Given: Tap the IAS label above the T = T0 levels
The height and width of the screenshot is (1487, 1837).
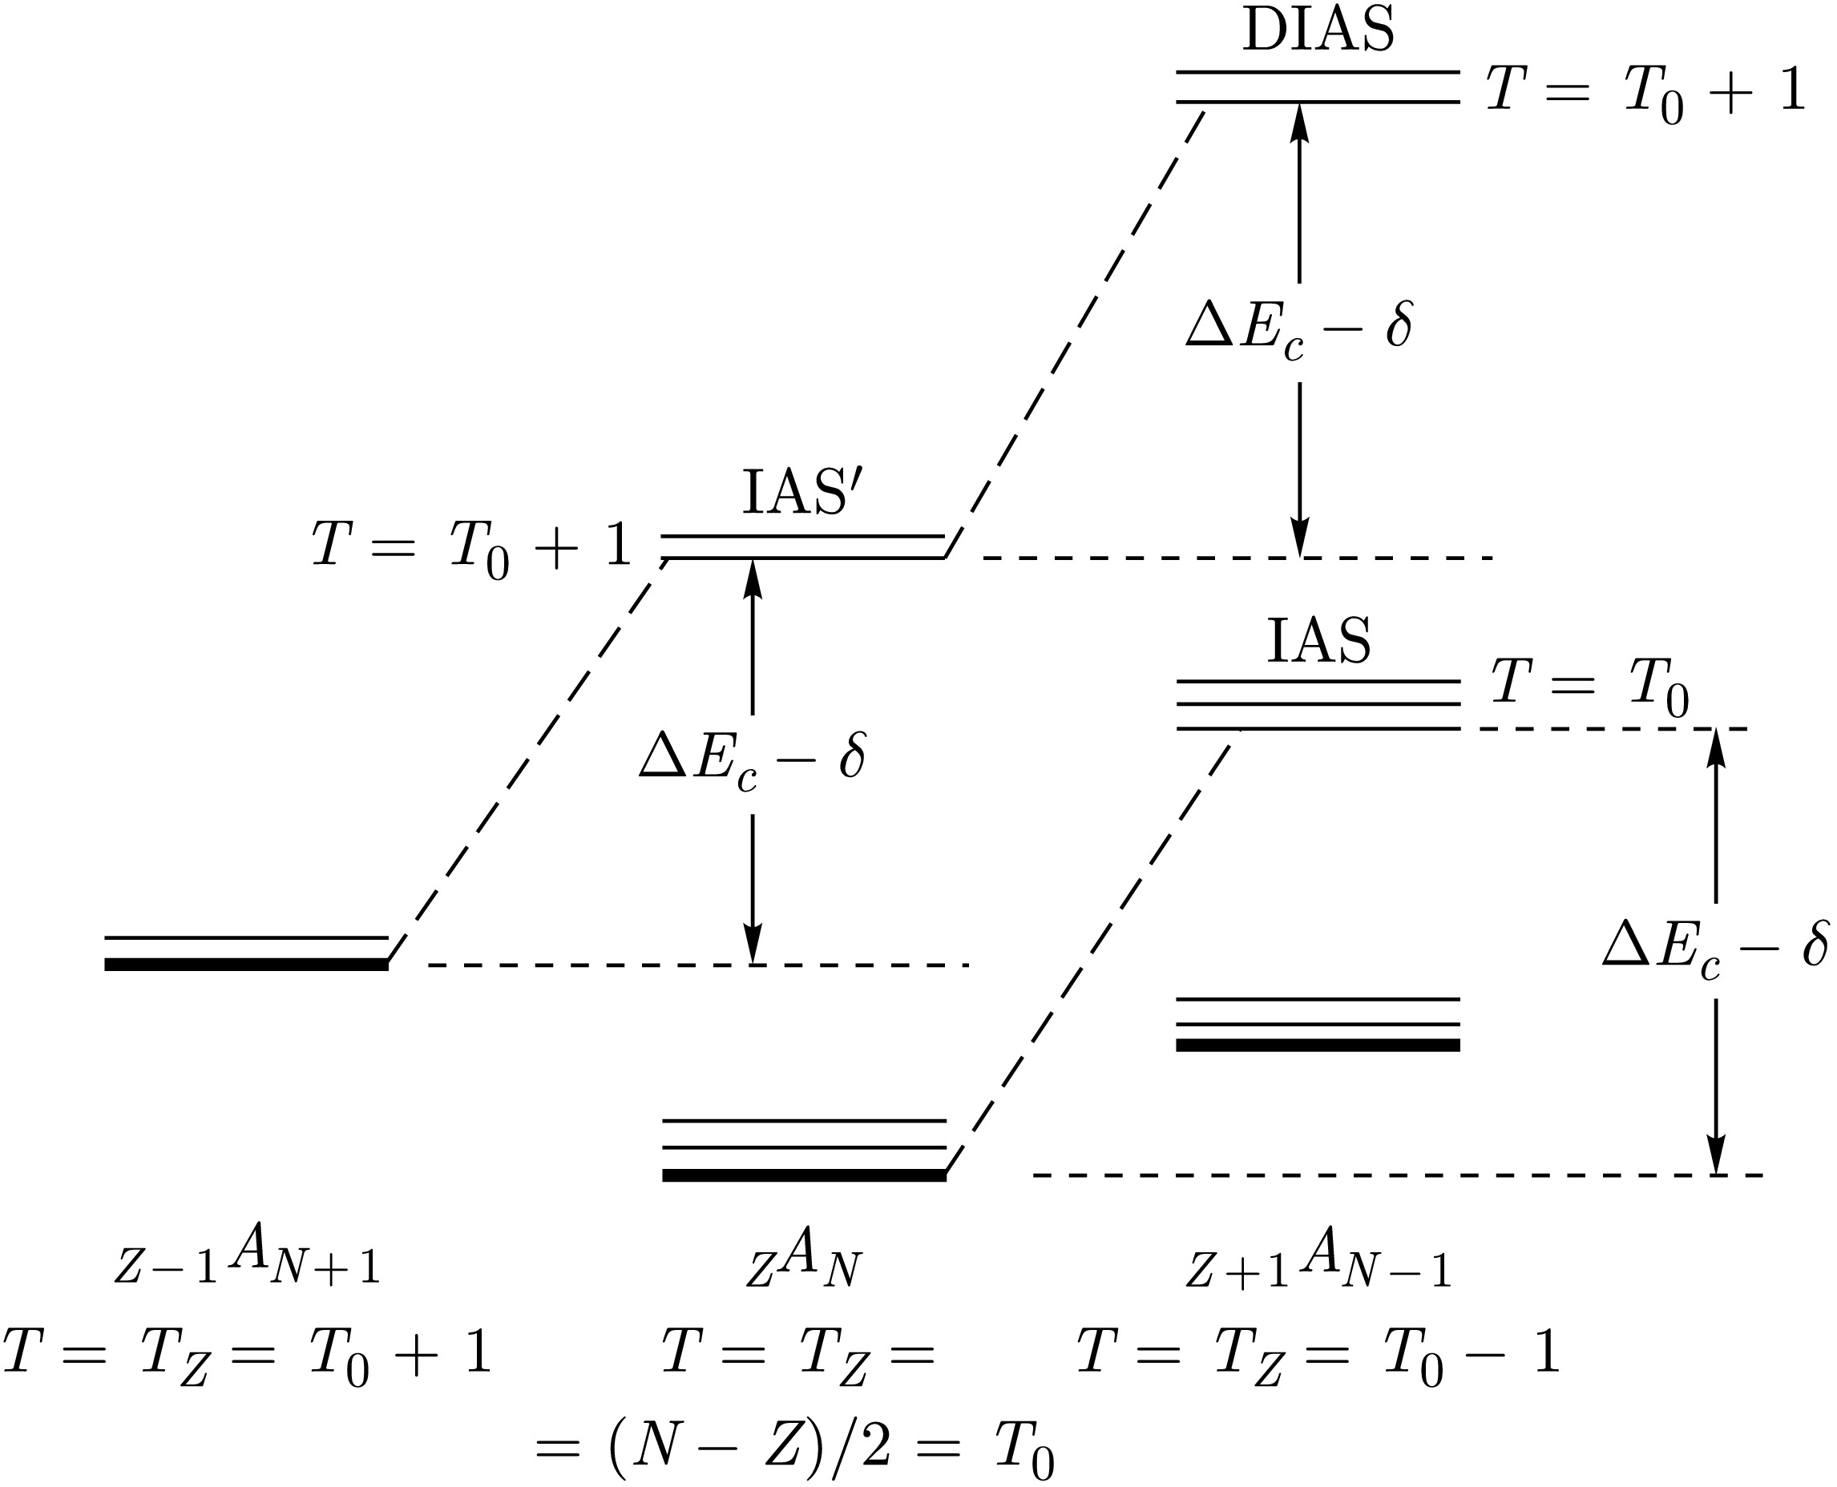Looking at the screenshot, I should [1318, 641].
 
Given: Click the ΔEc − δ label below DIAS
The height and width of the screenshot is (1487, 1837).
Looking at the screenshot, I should [1299, 330].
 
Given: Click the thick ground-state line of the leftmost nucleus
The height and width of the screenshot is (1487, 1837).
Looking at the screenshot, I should [246, 965].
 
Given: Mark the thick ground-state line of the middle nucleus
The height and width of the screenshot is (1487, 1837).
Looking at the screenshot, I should [804, 1175].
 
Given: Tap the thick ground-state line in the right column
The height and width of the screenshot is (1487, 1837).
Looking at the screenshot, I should [1318, 1045].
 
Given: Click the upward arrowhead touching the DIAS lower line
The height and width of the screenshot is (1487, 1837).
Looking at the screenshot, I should [1300, 120].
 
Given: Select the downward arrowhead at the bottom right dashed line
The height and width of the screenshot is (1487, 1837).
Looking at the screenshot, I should [1715, 1156].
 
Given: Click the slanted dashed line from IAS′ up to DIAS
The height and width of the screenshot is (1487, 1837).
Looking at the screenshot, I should [1076, 330].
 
